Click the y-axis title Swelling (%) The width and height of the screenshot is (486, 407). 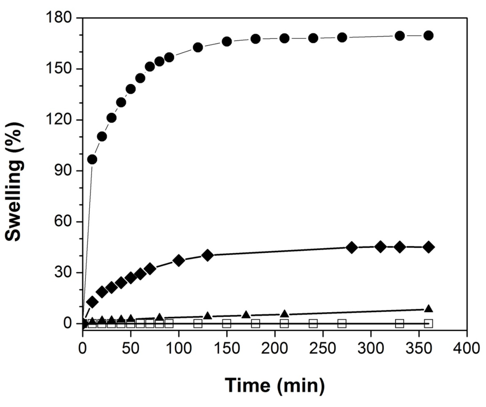coord(15,181)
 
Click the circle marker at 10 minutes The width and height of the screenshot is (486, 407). coord(92,159)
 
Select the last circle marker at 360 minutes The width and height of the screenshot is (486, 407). coord(428,36)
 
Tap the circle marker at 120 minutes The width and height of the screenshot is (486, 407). coord(198,47)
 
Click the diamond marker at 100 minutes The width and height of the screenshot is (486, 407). coord(178,260)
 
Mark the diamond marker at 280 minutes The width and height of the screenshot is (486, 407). coord(352,247)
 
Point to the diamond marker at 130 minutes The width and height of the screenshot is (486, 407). coord(207,255)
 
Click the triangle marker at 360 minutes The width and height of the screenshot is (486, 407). coord(428,309)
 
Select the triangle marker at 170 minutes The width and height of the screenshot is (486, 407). coord(246,314)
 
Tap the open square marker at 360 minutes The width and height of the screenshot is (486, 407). coord(428,324)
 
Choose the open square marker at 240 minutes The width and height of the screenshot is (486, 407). coord(313,324)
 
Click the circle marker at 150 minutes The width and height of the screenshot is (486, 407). coord(226,41)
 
